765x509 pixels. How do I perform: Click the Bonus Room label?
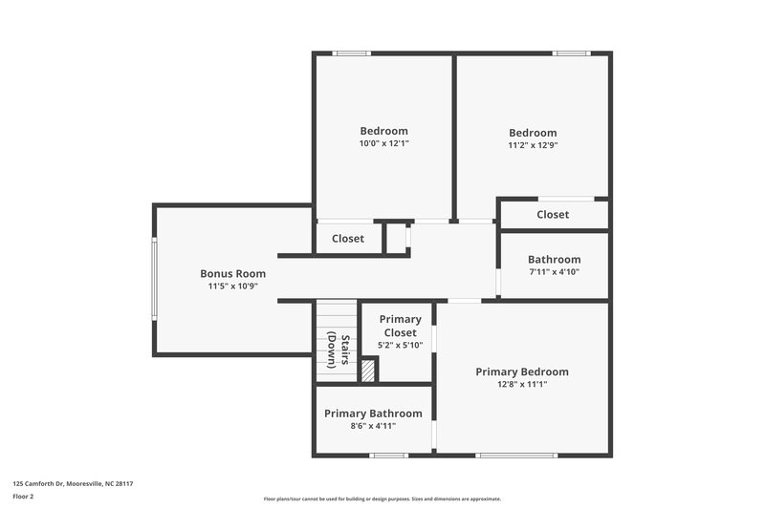click(x=232, y=273)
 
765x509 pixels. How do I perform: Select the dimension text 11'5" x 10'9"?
click(x=232, y=286)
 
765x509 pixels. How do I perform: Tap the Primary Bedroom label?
click(x=522, y=371)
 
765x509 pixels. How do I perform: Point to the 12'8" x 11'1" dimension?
click(x=522, y=385)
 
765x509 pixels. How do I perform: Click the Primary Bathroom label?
click(x=373, y=414)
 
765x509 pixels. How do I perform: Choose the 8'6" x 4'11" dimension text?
click(x=373, y=426)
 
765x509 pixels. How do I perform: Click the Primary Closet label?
click(x=400, y=326)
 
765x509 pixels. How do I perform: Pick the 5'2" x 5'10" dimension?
click(x=400, y=345)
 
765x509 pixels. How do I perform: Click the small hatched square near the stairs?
click(x=368, y=370)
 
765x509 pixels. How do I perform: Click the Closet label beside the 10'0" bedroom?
click(x=348, y=239)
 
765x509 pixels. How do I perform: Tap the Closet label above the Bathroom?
click(x=553, y=215)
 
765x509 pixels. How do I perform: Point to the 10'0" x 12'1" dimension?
click(x=383, y=143)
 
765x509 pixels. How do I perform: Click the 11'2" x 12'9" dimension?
click(x=533, y=146)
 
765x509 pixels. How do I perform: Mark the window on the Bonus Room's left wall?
click(x=154, y=279)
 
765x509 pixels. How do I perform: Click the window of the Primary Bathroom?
click(x=389, y=456)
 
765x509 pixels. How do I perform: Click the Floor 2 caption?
click(x=23, y=497)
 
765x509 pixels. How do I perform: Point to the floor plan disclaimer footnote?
click(x=382, y=498)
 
